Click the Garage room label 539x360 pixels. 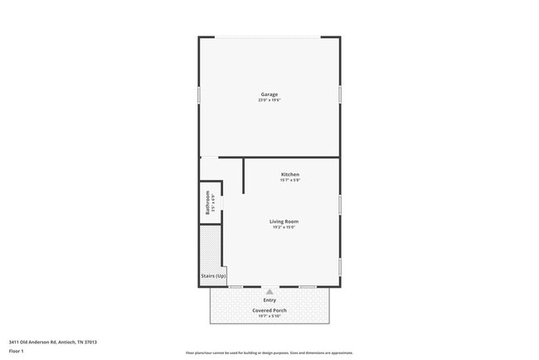269,95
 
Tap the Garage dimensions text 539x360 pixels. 269,100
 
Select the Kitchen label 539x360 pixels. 278,174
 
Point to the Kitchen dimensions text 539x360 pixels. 278,180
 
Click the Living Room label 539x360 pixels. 284,221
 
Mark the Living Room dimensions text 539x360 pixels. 284,227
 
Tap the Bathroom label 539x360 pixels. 207,201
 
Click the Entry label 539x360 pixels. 269,299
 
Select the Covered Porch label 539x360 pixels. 269,310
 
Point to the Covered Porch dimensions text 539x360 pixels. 269,316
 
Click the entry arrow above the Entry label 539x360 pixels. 269,291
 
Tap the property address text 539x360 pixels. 53,342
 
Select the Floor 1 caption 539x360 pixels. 17,351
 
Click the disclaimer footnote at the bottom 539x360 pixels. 269,352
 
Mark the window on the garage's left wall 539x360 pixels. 199,95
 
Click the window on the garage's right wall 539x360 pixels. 340,95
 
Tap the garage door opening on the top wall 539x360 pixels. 269,37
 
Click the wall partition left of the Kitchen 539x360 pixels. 243,175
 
